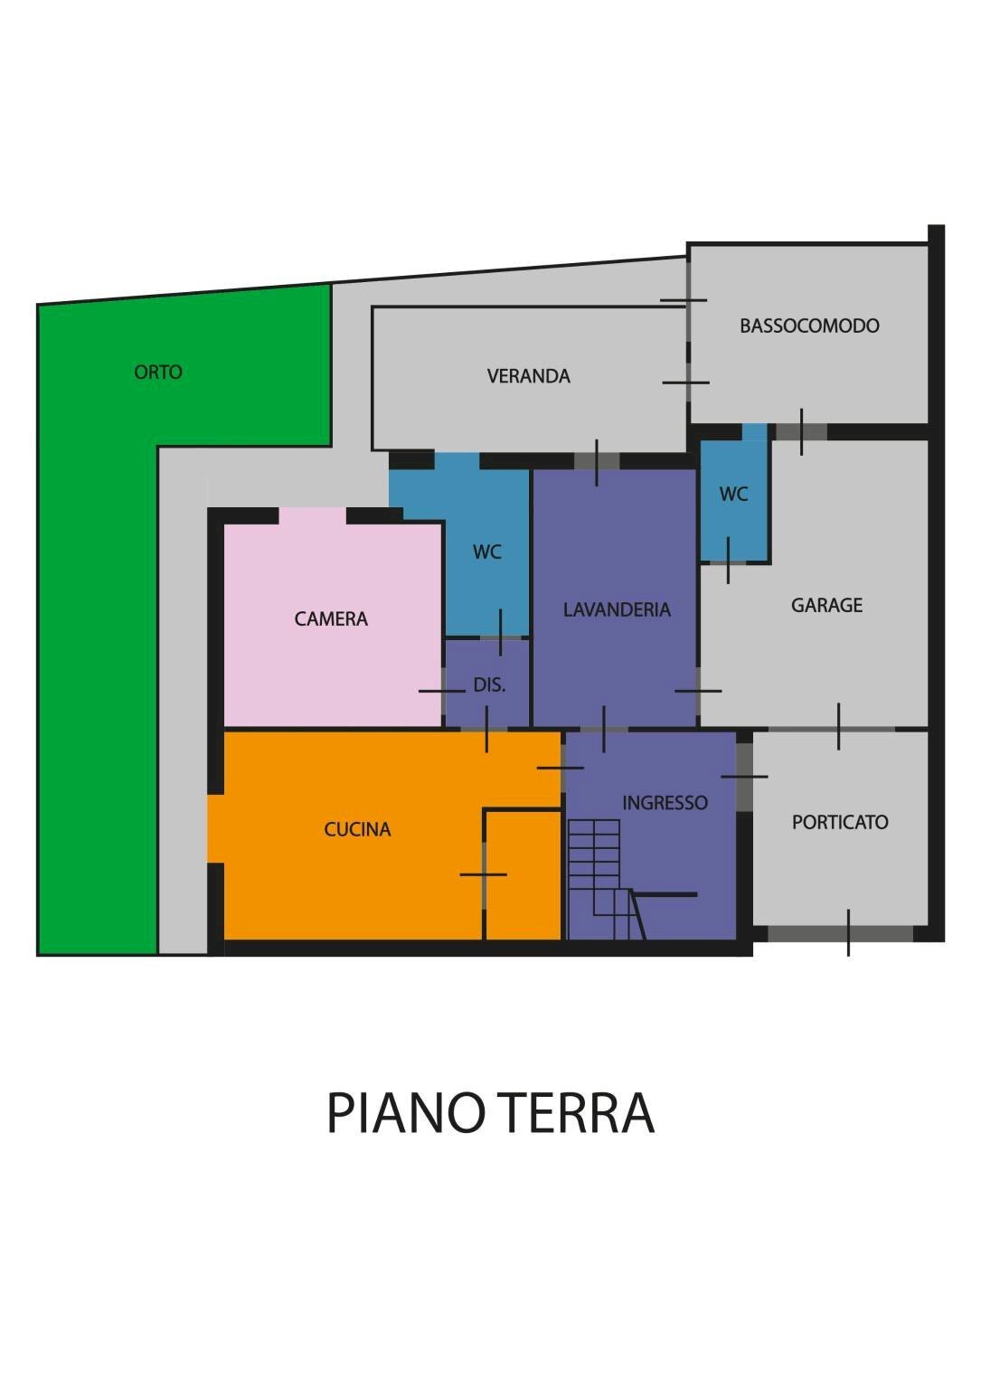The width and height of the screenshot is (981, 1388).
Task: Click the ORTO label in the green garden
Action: point(158,372)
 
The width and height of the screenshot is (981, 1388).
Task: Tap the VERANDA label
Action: point(528,376)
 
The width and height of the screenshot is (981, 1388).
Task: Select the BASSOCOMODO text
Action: point(809,326)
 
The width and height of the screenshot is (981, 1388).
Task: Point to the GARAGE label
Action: point(826,605)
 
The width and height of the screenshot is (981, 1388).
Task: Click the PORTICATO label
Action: point(840,822)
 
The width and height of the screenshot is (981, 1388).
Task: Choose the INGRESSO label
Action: point(665,802)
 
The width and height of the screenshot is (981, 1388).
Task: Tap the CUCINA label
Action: point(357,829)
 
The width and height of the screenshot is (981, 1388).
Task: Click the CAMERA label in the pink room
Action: point(331,618)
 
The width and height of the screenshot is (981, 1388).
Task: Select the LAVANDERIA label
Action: point(617,609)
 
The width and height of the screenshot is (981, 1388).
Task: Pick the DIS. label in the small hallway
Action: point(489,685)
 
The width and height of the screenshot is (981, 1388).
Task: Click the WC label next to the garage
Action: point(733,494)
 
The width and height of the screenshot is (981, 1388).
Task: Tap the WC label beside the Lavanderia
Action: point(486,552)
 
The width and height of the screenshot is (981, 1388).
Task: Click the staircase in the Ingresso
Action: point(601,877)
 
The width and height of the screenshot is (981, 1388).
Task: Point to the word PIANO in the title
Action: point(402,1113)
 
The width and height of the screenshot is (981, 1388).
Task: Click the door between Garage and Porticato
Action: point(838,727)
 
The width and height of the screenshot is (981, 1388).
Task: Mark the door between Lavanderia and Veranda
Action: point(597,461)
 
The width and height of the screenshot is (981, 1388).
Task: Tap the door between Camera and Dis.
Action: point(443,691)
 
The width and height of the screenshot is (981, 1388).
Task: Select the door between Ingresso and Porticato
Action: point(744,777)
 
